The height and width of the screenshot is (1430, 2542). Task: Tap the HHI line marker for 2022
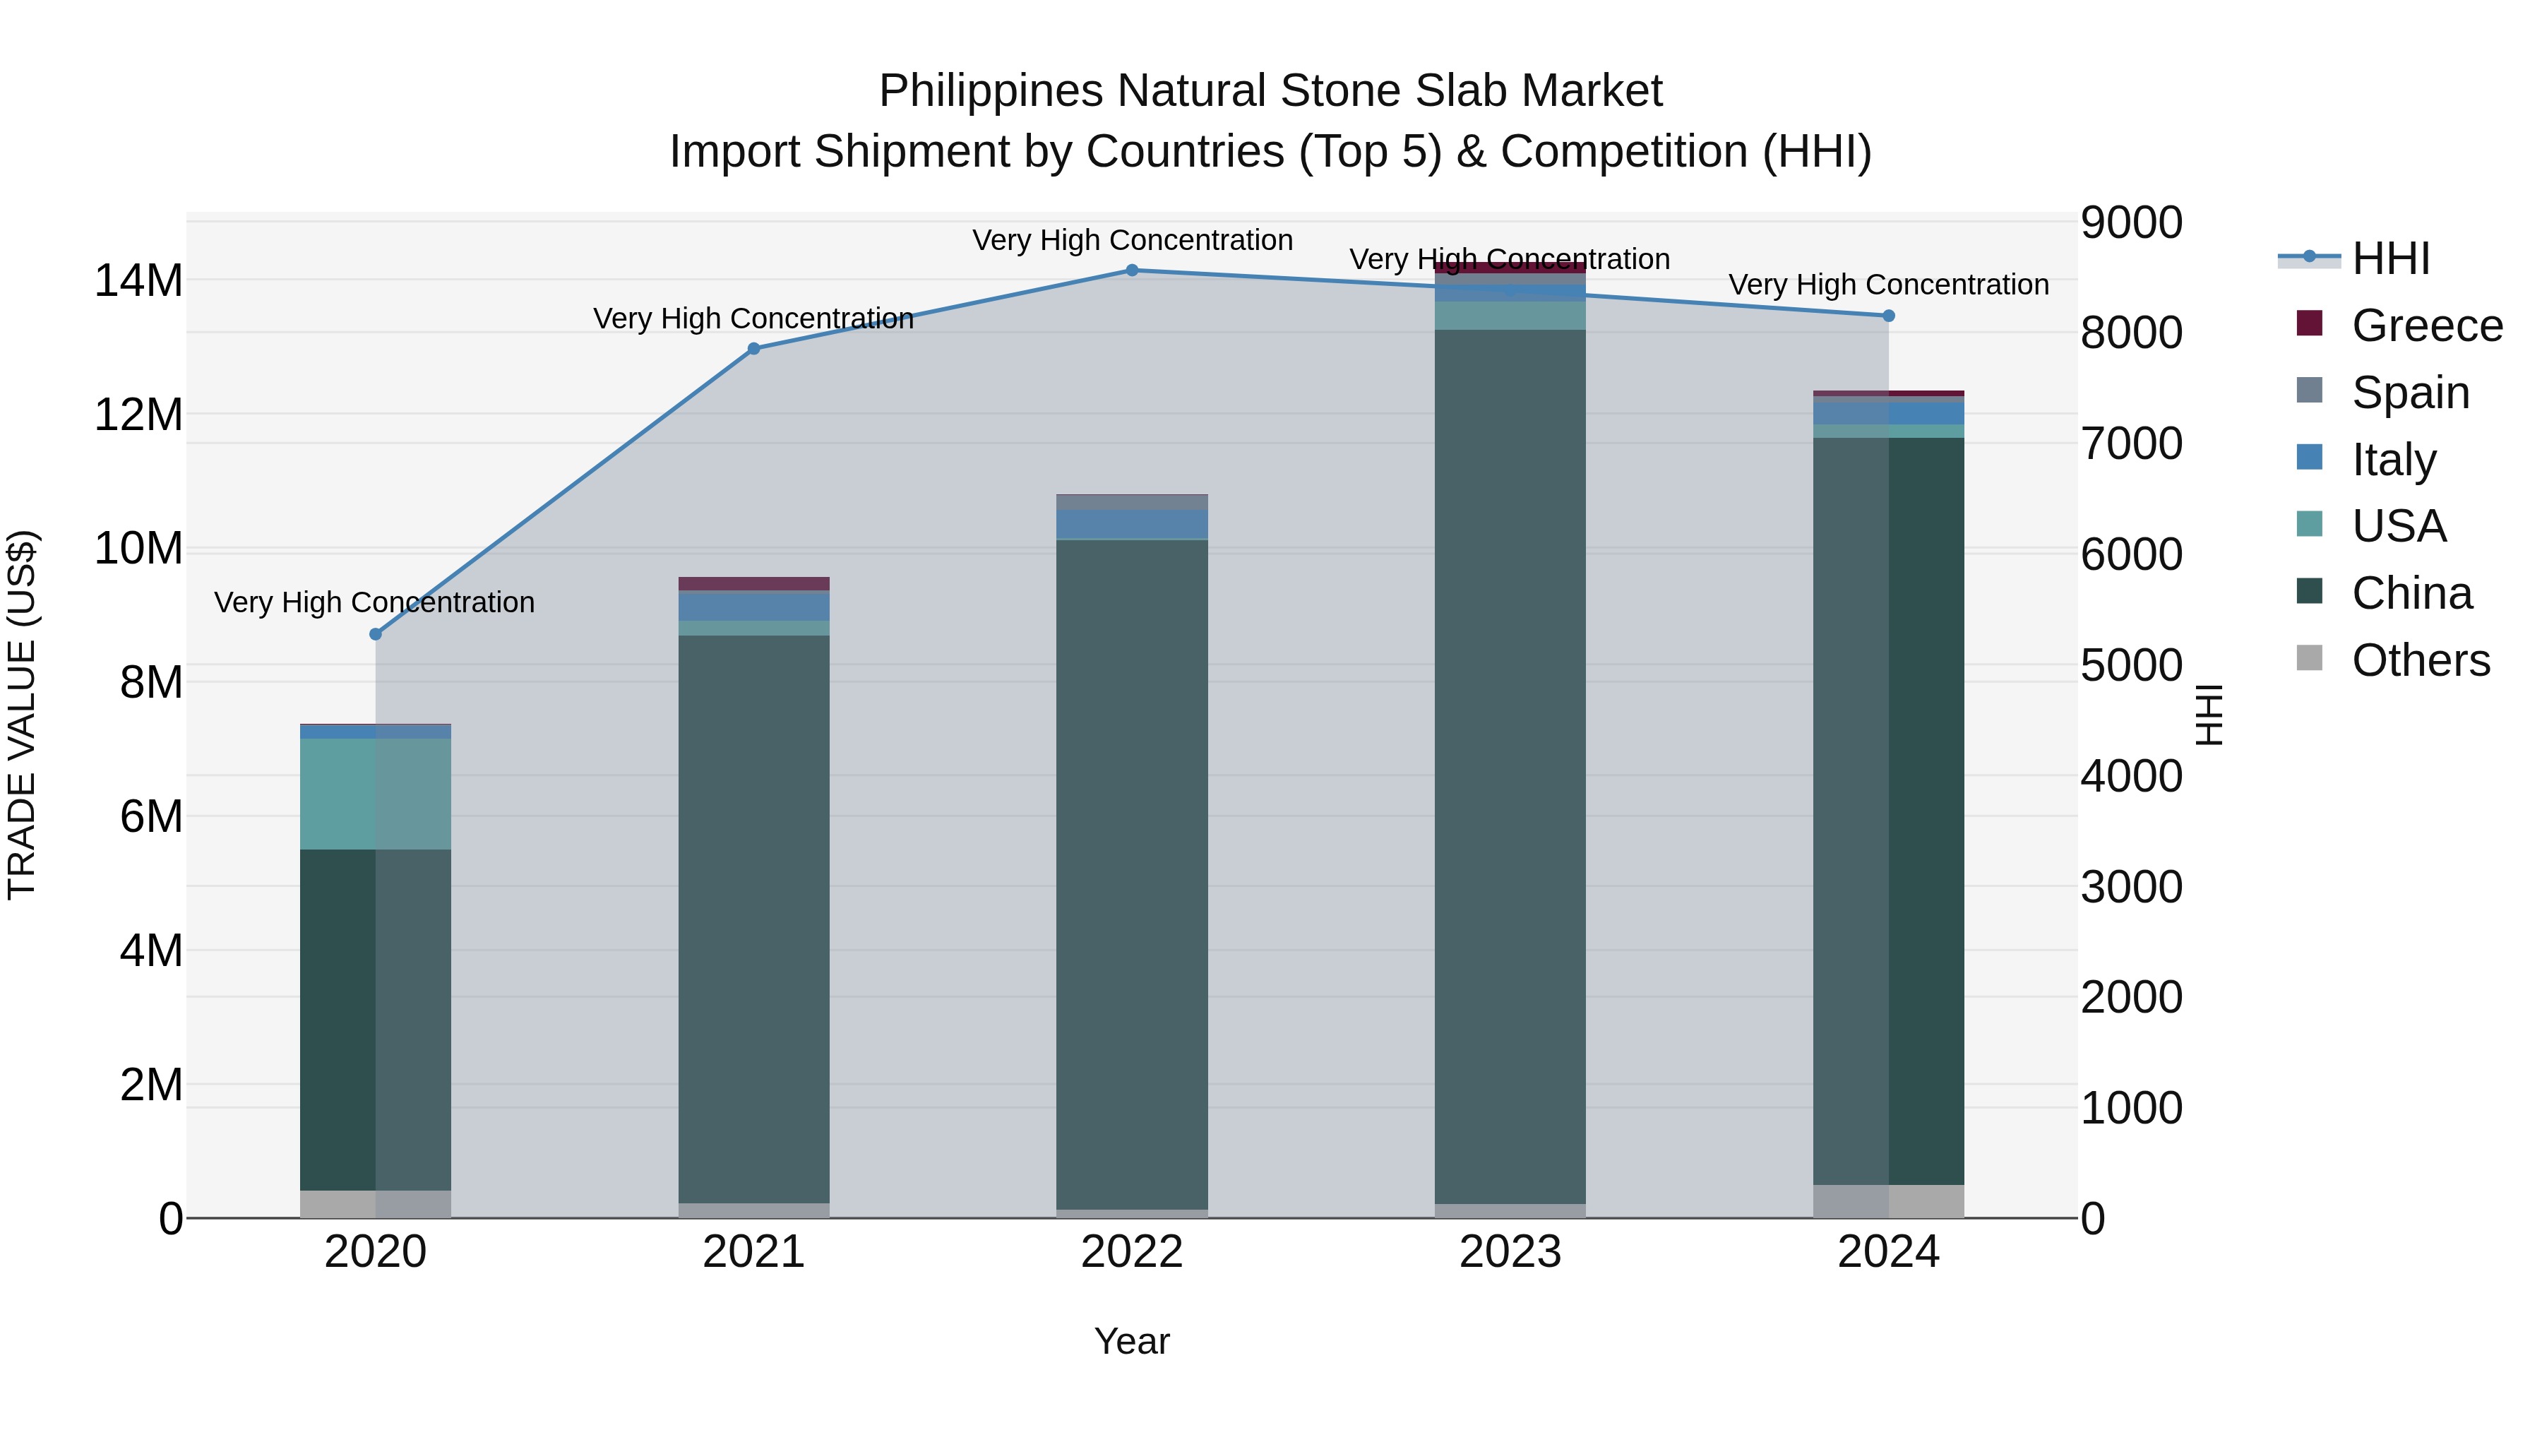tap(1132, 270)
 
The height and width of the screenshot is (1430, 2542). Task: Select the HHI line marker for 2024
tap(1889, 316)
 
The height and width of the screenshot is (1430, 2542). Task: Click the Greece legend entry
tap(2426, 326)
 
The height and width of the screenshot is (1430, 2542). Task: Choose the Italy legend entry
tap(2393, 460)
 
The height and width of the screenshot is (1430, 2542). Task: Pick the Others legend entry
tap(2420, 660)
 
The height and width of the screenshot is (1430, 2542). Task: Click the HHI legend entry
tap(2390, 258)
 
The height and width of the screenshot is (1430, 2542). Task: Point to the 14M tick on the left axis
tap(138, 281)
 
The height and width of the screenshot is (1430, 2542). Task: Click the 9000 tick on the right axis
tap(2132, 223)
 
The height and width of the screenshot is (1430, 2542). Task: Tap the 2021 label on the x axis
tap(754, 1252)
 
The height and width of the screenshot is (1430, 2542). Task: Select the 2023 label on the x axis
tap(1510, 1252)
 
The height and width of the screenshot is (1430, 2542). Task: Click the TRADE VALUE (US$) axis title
tap(22, 715)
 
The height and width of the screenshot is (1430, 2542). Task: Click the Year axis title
tap(1132, 1341)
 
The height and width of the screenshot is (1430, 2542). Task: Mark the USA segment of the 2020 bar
tap(375, 794)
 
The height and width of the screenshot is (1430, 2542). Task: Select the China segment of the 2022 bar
tap(1132, 874)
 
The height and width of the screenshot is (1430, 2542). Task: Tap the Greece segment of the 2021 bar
tap(754, 583)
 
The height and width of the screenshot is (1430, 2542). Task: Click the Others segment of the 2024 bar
tap(1889, 1201)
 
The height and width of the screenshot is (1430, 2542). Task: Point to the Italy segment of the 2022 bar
tap(1132, 524)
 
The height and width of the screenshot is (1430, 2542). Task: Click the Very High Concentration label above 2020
tap(374, 602)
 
